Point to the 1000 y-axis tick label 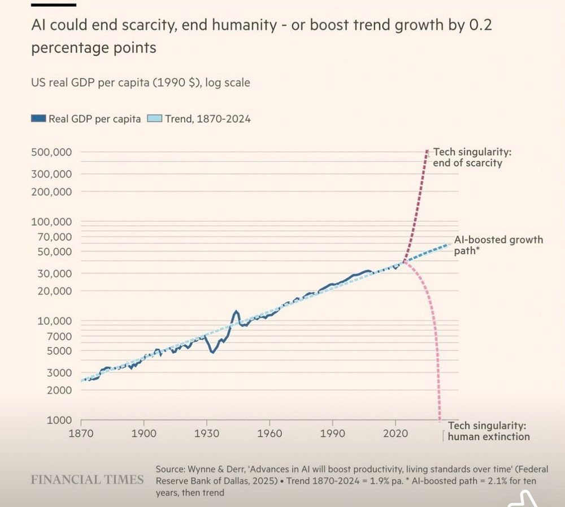click(x=59, y=420)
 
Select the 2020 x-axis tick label click(x=395, y=431)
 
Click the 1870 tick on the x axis click(x=81, y=431)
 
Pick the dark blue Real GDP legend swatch click(x=38, y=119)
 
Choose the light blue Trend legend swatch click(x=154, y=119)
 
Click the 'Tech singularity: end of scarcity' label click(x=468, y=158)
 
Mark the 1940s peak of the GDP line click(x=236, y=311)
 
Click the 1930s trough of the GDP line click(x=212, y=352)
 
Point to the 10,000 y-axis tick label click(x=55, y=321)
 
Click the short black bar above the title click(x=54, y=5)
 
